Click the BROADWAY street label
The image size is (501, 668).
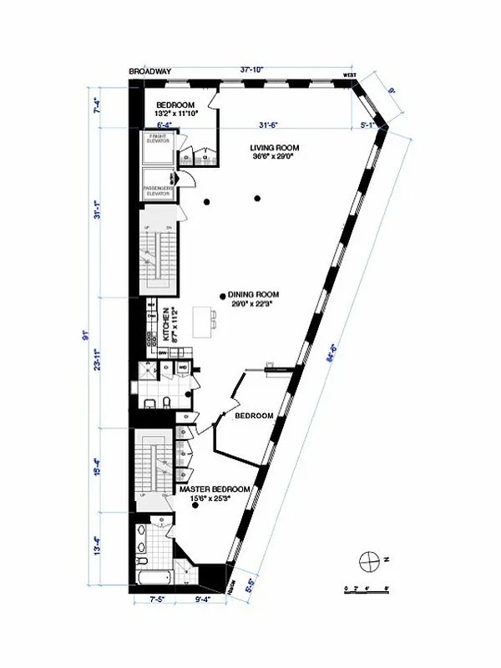(150, 72)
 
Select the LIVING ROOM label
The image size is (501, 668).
(275, 148)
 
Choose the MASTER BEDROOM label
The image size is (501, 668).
(215, 488)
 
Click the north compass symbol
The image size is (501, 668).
(368, 559)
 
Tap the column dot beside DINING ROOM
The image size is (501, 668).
(221, 295)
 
